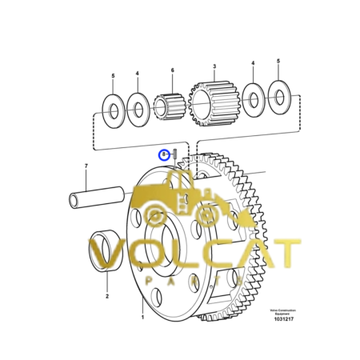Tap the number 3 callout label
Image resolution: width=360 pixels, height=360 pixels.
[x=214, y=67]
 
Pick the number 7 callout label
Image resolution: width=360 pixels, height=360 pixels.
[x=86, y=167]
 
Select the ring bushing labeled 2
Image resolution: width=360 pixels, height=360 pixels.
[x=106, y=250]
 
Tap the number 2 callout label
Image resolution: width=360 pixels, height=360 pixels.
[x=107, y=295]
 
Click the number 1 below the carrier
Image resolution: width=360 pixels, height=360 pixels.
[x=142, y=318]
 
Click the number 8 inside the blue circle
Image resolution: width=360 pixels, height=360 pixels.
[x=164, y=153]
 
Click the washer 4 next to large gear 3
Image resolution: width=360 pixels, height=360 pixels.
[x=254, y=98]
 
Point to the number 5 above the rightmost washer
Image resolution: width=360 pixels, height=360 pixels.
[x=278, y=61]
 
